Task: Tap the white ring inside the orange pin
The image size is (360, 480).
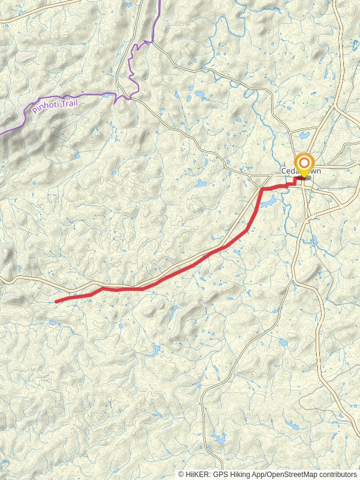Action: tap(304, 163)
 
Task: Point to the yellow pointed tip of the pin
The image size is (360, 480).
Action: tap(304, 177)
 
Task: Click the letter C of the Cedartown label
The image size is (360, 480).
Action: tap(283, 171)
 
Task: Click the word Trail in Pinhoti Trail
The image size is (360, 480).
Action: tap(70, 103)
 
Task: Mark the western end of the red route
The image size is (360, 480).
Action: tap(56, 301)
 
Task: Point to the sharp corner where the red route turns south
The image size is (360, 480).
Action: tap(262, 190)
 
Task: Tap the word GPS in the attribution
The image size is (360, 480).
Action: tap(217, 474)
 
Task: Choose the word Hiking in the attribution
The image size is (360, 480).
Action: tap(236, 474)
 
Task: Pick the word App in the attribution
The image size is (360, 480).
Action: tap(254, 474)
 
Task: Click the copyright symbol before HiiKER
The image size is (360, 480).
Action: tap(181, 474)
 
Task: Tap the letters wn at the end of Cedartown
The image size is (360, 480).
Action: tap(316, 171)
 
